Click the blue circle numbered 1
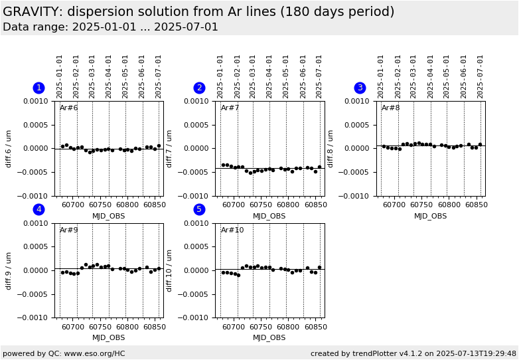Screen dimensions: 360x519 pos(38,88)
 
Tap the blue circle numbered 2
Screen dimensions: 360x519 pos(199,88)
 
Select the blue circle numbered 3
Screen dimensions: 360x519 pos(360,88)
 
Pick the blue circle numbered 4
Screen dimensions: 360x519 pos(38,209)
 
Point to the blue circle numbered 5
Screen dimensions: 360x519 pos(199,209)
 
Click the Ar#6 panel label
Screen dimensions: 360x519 pos(69,108)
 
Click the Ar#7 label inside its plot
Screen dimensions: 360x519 pos(230,108)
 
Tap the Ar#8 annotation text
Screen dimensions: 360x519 pos(391,108)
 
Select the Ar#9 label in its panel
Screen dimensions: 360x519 pos(69,230)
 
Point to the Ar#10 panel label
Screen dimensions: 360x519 pos(232,230)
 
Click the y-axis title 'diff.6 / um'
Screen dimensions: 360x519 pos(9,148)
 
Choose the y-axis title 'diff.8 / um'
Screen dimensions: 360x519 pos(331,148)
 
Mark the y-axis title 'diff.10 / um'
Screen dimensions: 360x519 pos(170,270)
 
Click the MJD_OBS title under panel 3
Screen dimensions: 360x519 pos(431,216)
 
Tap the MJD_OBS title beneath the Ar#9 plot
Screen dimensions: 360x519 pos(108,337)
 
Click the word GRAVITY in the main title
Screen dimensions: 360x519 pos(28,12)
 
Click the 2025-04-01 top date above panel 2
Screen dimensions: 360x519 pos(269,76)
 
